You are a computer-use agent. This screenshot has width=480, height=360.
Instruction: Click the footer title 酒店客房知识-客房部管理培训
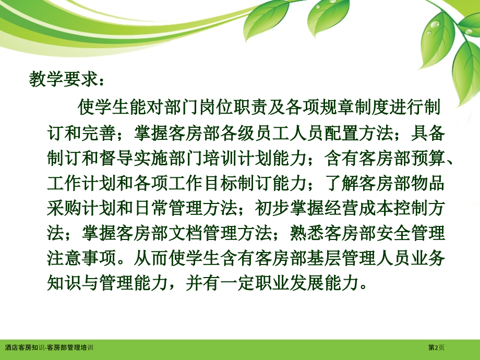coord(49,347)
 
